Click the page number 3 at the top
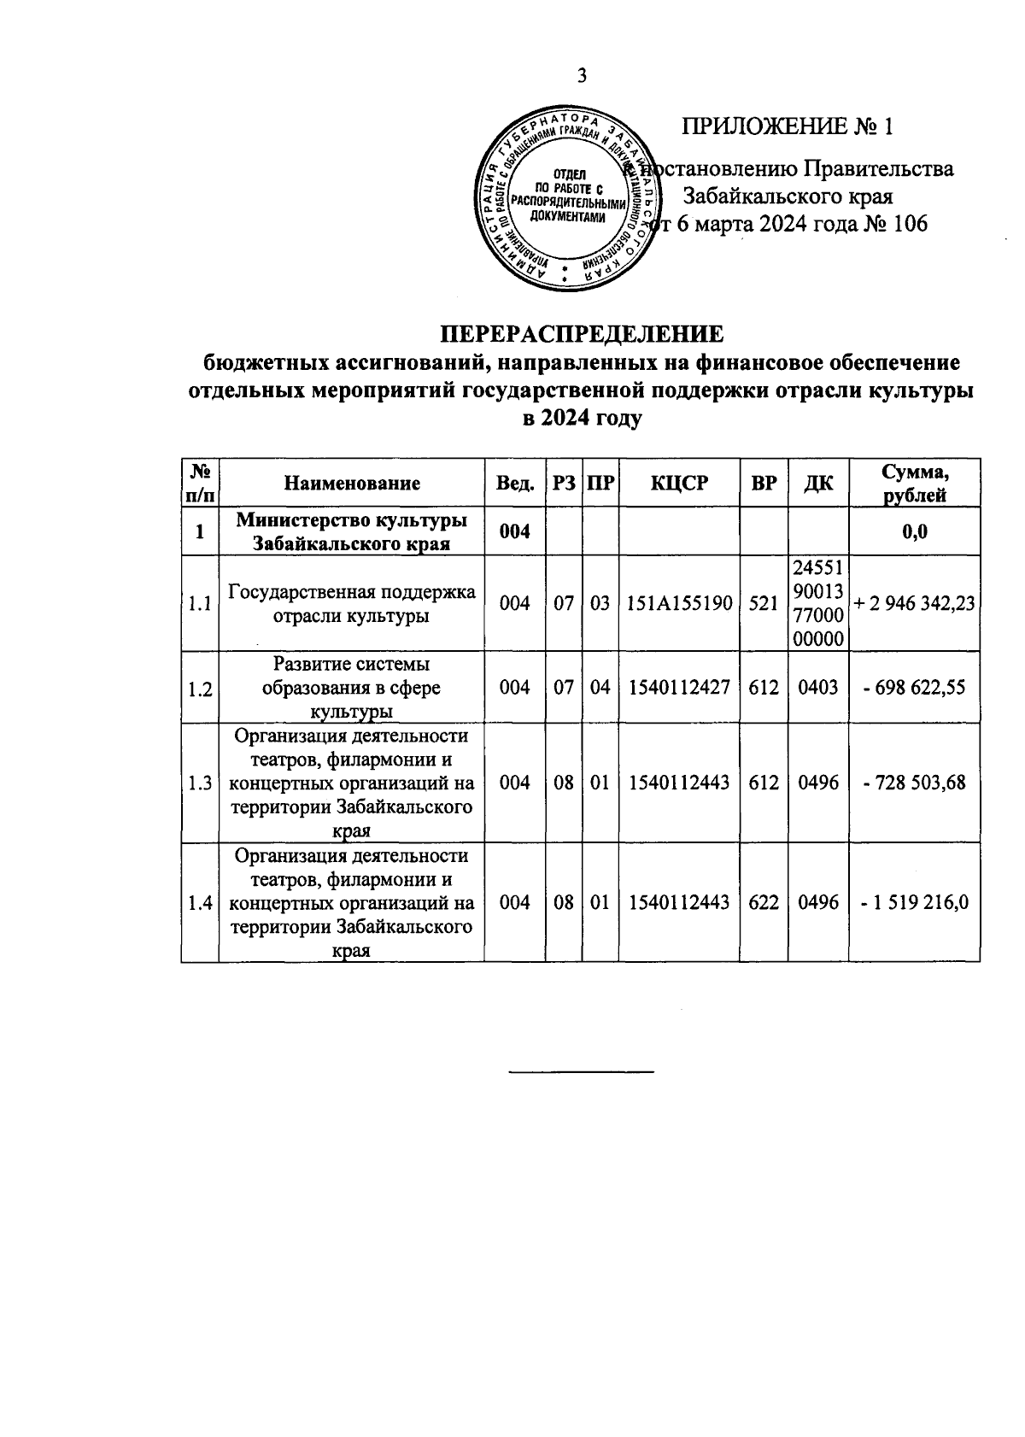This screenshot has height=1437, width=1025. [x=582, y=76]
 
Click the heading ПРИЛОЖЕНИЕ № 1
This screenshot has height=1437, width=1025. [x=787, y=127]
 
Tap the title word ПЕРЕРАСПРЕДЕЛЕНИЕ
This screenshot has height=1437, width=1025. [x=581, y=333]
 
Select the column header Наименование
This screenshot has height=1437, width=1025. [x=352, y=484]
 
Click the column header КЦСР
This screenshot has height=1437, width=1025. [x=679, y=484]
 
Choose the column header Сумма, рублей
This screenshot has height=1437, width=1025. [x=915, y=484]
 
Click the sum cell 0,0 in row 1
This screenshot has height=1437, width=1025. [x=915, y=532]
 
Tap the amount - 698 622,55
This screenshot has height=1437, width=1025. [x=915, y=687]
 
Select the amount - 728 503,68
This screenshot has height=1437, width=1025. [x=915, y=783]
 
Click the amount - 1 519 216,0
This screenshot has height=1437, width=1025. [x=915, y=903]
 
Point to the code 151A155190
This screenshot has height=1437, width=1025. [x=679, y=603]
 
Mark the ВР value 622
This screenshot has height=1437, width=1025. [x=764, y=903]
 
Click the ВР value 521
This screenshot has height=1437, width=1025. [x=764, y=603]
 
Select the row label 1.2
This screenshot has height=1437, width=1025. [x=200, y=689]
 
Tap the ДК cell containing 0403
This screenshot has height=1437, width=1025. [x=818, y=687]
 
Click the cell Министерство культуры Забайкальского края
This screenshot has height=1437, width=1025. [x=352, y=532]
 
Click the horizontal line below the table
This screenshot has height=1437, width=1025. [x=581, y=1070]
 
